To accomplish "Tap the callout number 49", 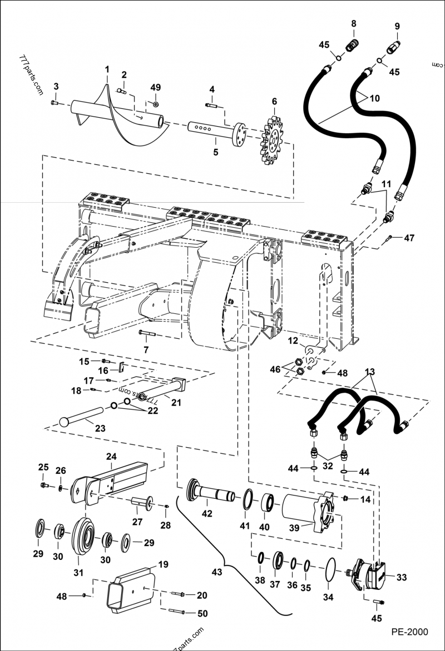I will pos(155,88).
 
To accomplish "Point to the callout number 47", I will pos(409,238).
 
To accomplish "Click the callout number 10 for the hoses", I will pos(374,98).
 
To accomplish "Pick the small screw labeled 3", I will pos(53,103).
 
